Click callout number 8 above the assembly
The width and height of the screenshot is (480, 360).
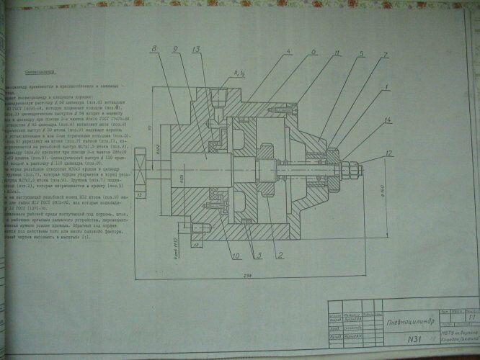(x=154, y=48)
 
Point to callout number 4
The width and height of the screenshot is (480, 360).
(x=287, y=52)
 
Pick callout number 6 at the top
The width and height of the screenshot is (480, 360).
(x=314, y=52)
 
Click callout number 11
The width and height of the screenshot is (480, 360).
(x=336, y=53)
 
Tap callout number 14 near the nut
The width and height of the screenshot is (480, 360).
(x=388, y=118)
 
